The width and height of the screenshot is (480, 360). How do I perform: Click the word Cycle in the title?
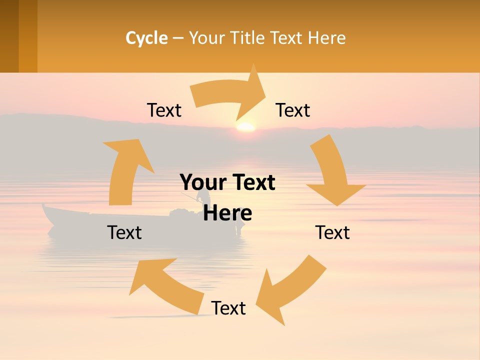(146, 38)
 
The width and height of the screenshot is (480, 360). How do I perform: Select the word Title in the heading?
(248, 38)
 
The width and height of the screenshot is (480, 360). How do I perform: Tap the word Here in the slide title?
(327, 38)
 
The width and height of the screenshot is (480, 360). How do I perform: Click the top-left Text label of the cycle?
(164, 110)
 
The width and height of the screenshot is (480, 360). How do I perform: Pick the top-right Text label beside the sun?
(293, 110)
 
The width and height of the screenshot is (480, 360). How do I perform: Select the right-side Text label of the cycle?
(332, 232)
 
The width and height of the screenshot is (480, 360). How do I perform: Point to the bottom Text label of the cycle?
(228, 308)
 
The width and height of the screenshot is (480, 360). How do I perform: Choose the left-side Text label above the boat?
(124, 232)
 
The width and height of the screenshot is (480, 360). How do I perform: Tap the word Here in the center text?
(227, 213)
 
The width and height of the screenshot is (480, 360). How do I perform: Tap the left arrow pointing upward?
(125, 170)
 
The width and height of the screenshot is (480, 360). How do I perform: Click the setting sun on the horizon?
(245, 127)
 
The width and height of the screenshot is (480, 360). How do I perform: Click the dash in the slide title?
(178, 38)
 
